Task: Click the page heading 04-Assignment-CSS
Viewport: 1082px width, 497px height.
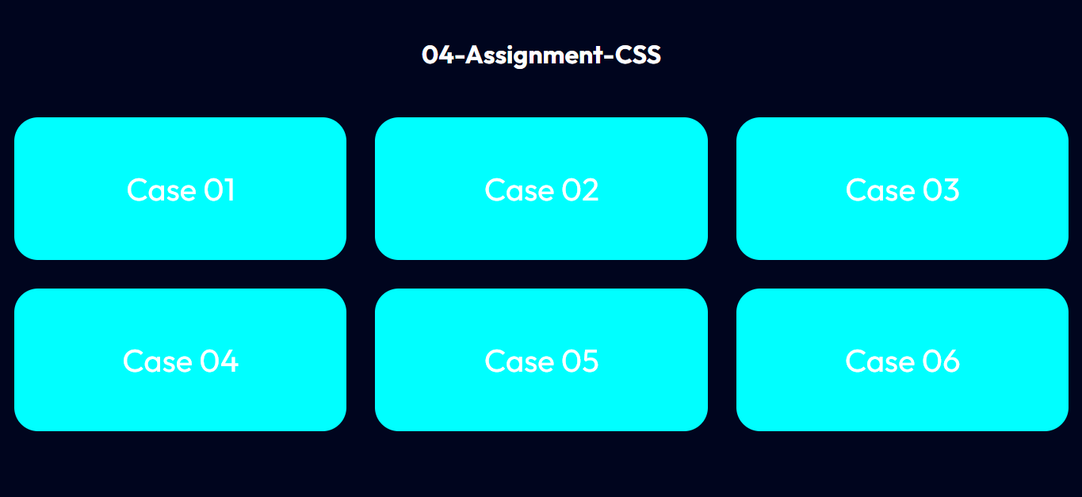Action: pos(541,55)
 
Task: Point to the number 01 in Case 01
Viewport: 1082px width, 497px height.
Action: pos(220,190)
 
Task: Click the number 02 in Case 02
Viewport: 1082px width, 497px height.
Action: pos(580,190)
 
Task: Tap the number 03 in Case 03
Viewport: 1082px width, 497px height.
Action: pos(942,190)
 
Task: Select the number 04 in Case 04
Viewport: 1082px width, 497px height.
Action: pos(220,361)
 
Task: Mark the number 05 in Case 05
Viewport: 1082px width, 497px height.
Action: pos(580,361)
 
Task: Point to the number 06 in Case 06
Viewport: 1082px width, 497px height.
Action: pos(942,361)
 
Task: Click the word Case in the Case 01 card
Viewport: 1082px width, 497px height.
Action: pos(162,190)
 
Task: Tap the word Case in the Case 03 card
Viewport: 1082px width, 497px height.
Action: pos(881,190)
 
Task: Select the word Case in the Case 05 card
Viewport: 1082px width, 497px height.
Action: pos(519,361)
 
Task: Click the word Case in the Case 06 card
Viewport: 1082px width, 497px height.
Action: pos(881,361)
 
